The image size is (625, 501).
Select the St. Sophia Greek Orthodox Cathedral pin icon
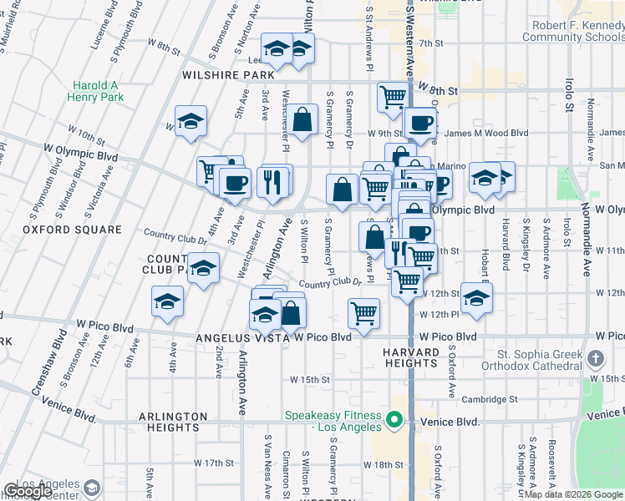(x=595, y=359)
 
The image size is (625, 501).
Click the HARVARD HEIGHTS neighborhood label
(x=410, y=358)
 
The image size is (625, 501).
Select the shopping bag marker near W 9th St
(x=303, y=119)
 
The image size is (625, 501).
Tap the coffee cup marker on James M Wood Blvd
(x=420, y=123)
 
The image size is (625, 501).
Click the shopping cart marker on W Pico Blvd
(x=363, y=315)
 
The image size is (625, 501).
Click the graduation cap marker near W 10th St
(x=191, y=121)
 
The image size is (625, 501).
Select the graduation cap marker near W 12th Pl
(x=476, y=298)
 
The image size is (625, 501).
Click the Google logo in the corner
(x=28, y=492)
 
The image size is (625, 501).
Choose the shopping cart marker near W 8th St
(x=393, y=96)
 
